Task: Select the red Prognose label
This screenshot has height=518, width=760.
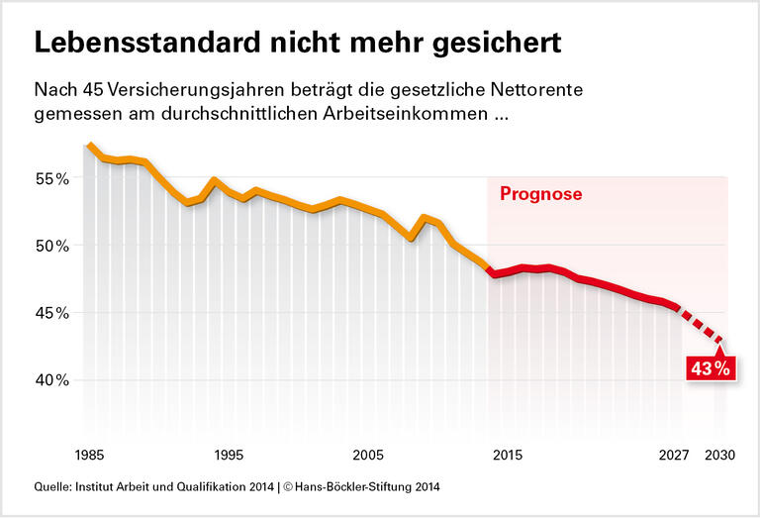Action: pos(539,194)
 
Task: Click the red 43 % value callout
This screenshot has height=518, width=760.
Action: pos(709,368)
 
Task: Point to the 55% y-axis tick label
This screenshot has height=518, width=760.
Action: pos(50,179)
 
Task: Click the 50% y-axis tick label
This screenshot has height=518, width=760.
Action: pos(50,246)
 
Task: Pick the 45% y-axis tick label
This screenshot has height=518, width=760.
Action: pos(50,313)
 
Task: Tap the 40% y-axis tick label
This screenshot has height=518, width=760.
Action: pos(50,380)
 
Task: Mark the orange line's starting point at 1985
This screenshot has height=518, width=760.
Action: pos(89,145)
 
